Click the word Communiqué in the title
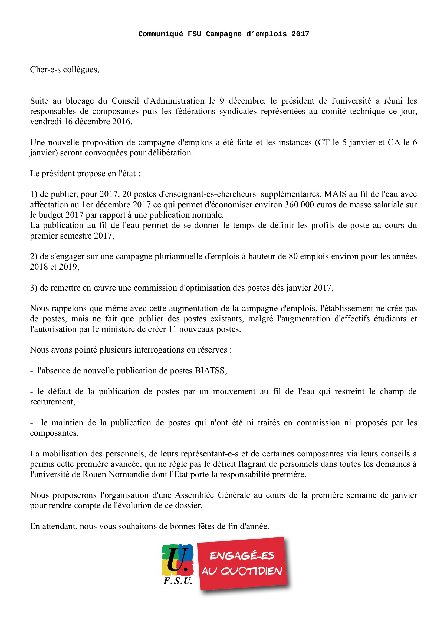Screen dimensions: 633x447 161,34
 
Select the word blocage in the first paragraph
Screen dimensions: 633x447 80,101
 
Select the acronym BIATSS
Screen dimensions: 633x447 211,371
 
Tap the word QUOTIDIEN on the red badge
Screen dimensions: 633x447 251,571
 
